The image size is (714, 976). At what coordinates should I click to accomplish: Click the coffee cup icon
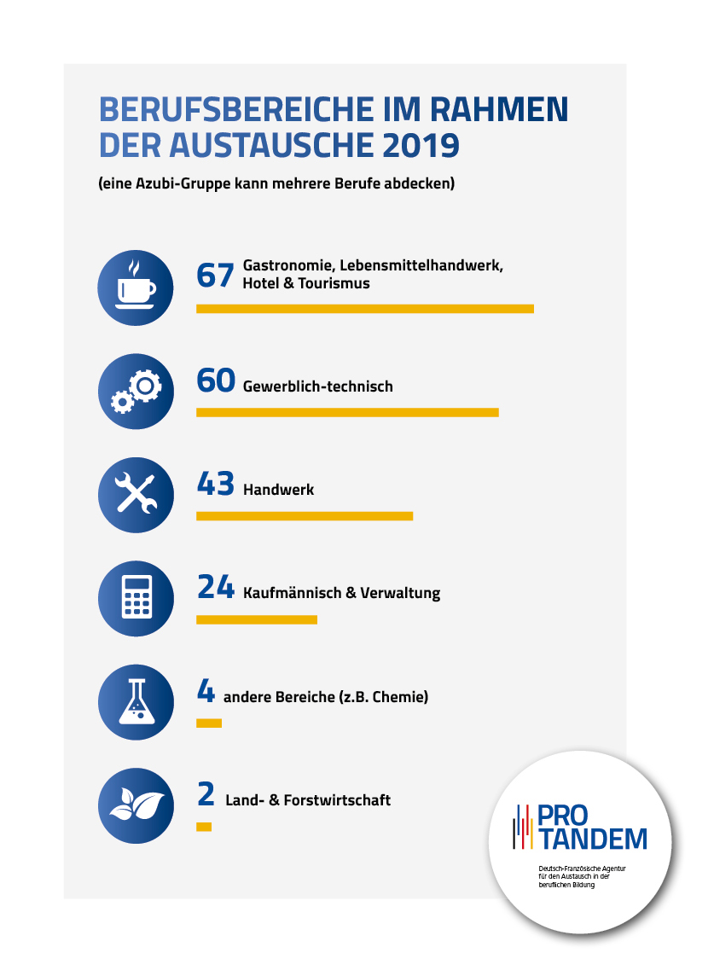pos(136,288)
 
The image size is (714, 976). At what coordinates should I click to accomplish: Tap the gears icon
pos(136,391)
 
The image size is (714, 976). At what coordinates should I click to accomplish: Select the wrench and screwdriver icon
pos(136,494)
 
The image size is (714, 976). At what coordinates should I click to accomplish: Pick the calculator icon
pos(136,598)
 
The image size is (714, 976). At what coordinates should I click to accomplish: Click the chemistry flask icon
pos(136,702)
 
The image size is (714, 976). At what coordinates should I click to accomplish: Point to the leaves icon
pos(136,805)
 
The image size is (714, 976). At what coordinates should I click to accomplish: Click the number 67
pos(215,276)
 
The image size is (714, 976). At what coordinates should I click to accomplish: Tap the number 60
pos(215,381)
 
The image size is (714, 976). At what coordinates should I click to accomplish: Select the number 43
pos(215,485)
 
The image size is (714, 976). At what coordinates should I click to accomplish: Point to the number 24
pos(215,588)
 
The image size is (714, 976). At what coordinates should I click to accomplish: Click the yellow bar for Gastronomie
pos(364,309)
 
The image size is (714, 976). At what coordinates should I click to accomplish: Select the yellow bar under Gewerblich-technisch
pos(347,413)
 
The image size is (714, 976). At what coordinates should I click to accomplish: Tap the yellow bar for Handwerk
pos(304,516)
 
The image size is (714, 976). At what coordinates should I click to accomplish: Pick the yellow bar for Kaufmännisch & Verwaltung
pos(256,619)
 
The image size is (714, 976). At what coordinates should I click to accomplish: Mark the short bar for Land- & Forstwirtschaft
pos(203,827)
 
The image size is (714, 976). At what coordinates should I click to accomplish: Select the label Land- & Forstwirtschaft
pos(308,800)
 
